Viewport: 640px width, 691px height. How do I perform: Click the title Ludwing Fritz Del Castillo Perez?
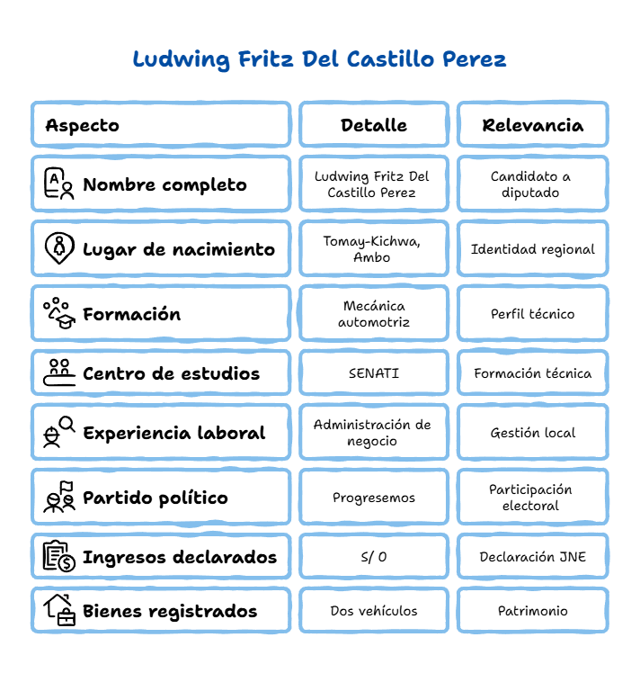click(x=320, y=59)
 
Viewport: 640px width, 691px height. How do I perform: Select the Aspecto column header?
click(x=83, y=126)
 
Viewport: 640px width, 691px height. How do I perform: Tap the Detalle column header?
click(x=374, y=125)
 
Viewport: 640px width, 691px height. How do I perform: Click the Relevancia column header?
click(x=533, y=125)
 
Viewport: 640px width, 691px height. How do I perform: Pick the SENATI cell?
click(x=374, y=373)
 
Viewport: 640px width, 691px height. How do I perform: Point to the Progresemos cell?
click(x=374, y=498)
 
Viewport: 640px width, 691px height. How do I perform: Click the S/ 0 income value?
click(x=374, y=557)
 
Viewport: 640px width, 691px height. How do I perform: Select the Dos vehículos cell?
click(x=374, y=611)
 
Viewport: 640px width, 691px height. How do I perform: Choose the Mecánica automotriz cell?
click(x=374, y=314)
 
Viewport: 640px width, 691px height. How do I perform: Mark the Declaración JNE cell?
click(x=533, y=557)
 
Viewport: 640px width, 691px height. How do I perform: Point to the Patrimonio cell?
click(x=533, y=611)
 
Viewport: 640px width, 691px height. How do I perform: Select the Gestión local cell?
click(x=533, y=433)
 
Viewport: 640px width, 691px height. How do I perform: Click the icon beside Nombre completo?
click(x=59, y=184)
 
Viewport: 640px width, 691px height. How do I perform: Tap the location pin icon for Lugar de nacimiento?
click(x=59, y=248)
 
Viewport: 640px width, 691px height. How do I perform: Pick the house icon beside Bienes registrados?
click(x=59, y=610)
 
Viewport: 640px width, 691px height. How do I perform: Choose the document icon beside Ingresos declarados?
click(x=59, y=556)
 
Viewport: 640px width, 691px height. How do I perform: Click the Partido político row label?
click(x=156, y=498)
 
